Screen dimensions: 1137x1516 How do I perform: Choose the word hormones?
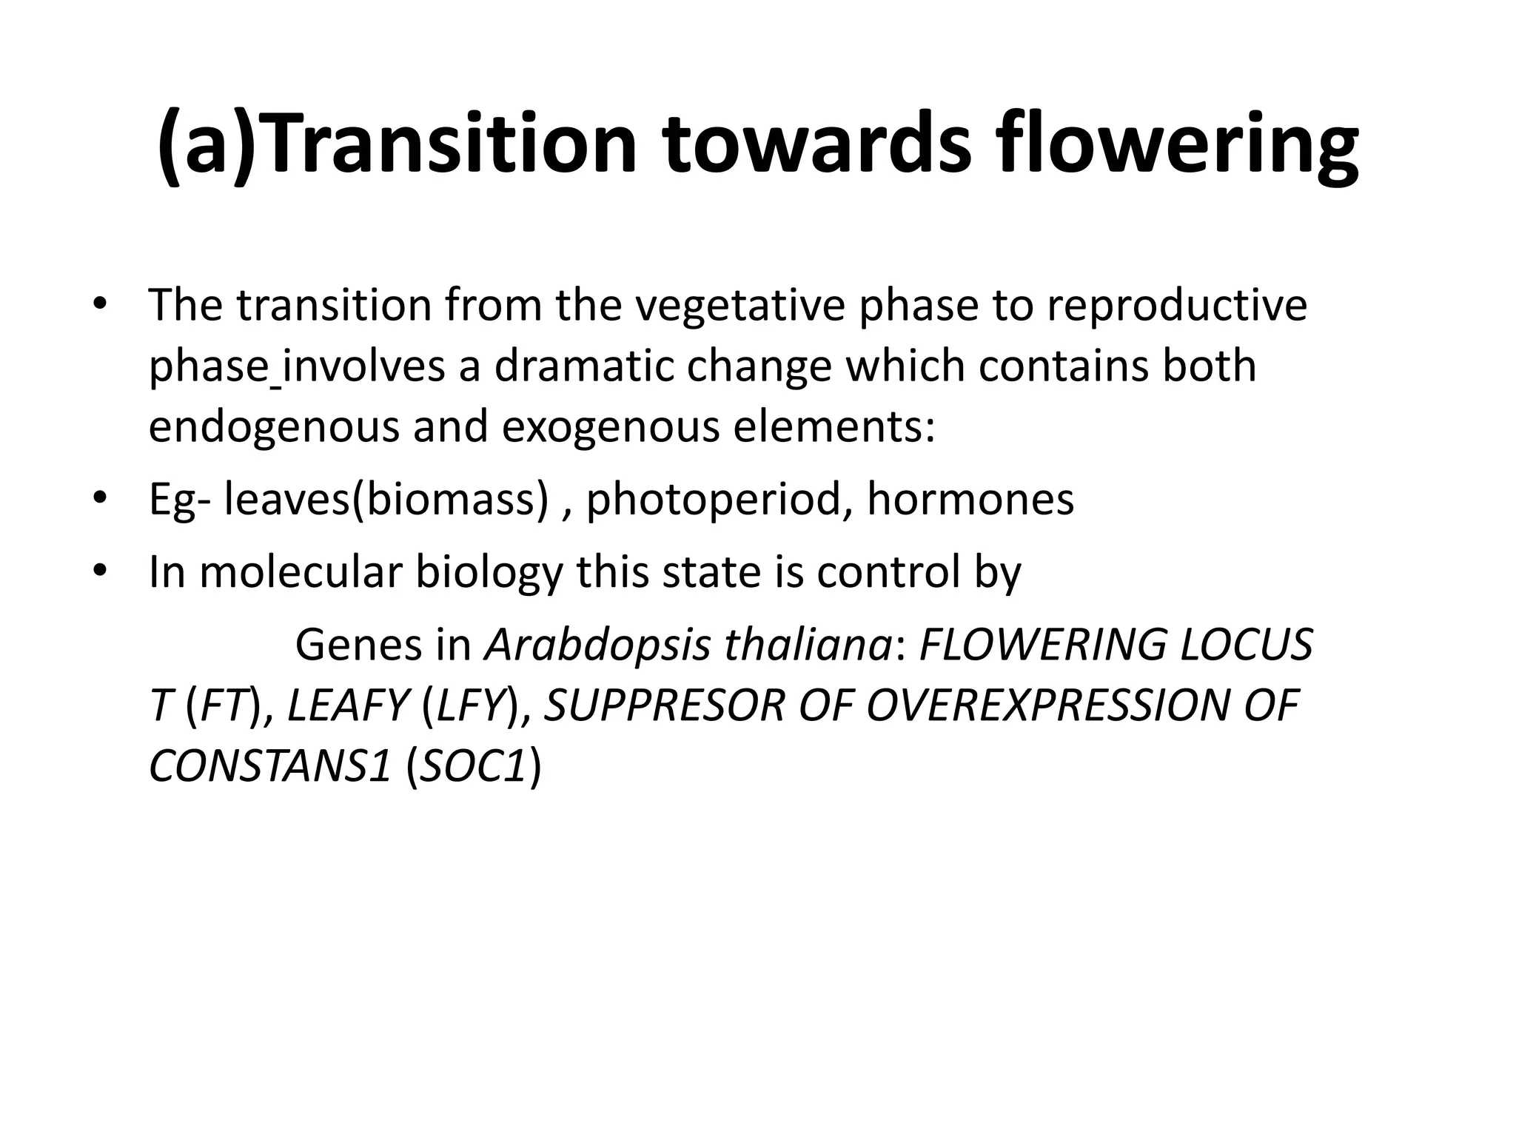pyautogui.click(x=970, y=499)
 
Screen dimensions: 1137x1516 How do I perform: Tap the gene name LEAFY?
pyautogui.click(x=348, y=705)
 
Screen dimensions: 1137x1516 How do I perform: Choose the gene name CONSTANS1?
pyautogui.click(x=269, y=767)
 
